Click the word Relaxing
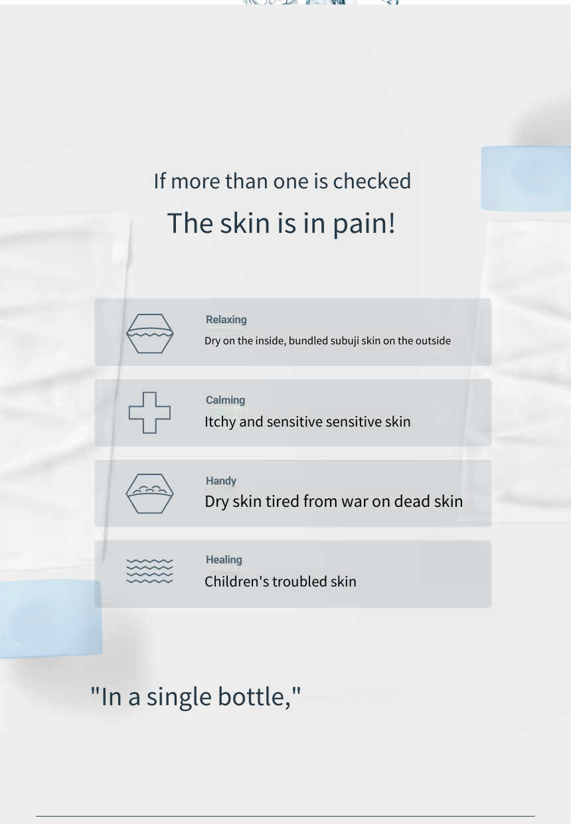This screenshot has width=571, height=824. [x=226, y=320]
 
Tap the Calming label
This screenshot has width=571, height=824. [x=225, y=400]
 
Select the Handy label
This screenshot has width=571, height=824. [x=221, y=481]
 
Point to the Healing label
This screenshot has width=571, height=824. [x=224, y=559]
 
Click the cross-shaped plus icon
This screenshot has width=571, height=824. [x=149, y=413]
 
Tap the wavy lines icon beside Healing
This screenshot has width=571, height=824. [x=149, y=571]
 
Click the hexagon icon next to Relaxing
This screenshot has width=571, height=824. [x=150, y=334]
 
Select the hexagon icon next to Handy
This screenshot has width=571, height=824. [x=149, y=494]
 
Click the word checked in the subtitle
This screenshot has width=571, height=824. [x=372, y=181]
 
